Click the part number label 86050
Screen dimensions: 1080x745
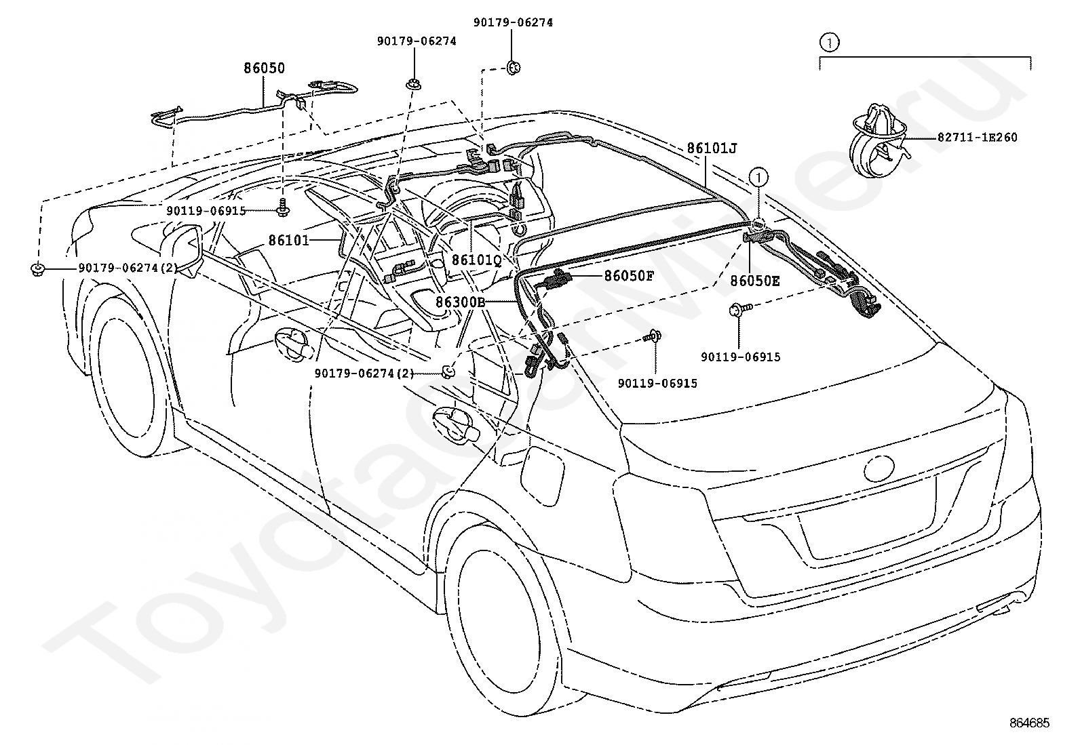coord(264,68)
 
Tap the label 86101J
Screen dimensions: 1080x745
coord(712,148)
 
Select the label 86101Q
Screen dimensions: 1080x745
coord(477,260)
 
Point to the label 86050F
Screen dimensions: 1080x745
coord(629,276)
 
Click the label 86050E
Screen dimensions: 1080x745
coord(754,281)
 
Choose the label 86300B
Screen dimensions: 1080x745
coord(461,302)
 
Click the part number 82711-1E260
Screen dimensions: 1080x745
coord(978,138)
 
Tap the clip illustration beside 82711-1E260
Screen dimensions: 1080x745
coord(879,140)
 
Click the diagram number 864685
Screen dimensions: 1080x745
coord(1029,723)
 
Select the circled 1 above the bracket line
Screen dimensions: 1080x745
coord(829,43)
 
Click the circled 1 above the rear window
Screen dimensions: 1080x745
coord(759,178)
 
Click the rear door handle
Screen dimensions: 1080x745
coord(456,424)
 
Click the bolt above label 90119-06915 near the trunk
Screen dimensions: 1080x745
coord(741,308)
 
